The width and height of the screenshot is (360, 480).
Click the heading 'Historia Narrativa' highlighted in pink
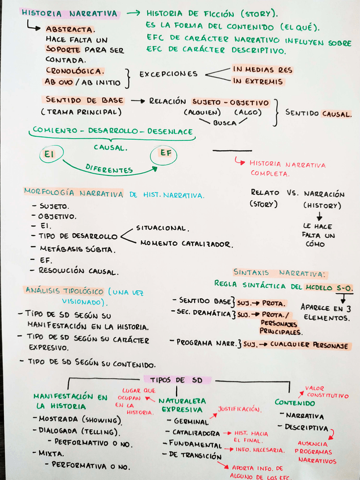click(x=70, y=13)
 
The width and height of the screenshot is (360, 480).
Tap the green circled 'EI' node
click(x=49, y=153)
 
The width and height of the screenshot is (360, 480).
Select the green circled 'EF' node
click(x=165, y=153)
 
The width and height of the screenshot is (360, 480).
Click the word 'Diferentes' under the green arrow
click(x=109, y=168)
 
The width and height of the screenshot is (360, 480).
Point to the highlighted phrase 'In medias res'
click(x=262, y=69)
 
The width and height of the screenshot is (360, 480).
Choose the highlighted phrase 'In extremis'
click(x=258, y=82)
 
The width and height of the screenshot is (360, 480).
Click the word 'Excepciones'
click(x=168, y=74)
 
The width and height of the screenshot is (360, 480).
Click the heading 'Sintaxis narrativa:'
click(x=280, y=273)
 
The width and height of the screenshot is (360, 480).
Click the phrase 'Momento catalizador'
click(x=186, y=244)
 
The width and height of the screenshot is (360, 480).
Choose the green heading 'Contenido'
click(x=295, y=402)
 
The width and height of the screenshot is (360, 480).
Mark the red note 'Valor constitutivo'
click(x=327, y=392)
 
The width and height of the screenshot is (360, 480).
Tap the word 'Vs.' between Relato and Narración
click(x=292, y=192)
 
